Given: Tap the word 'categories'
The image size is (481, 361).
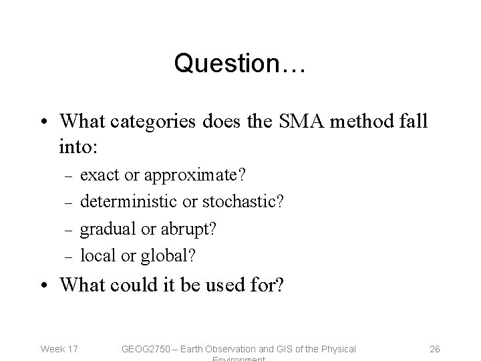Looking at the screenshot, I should (x=150, y=121).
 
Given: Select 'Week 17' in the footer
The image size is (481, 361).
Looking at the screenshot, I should (x=59, y=348).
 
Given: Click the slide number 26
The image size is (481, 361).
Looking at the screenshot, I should (x=434, y=348).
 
